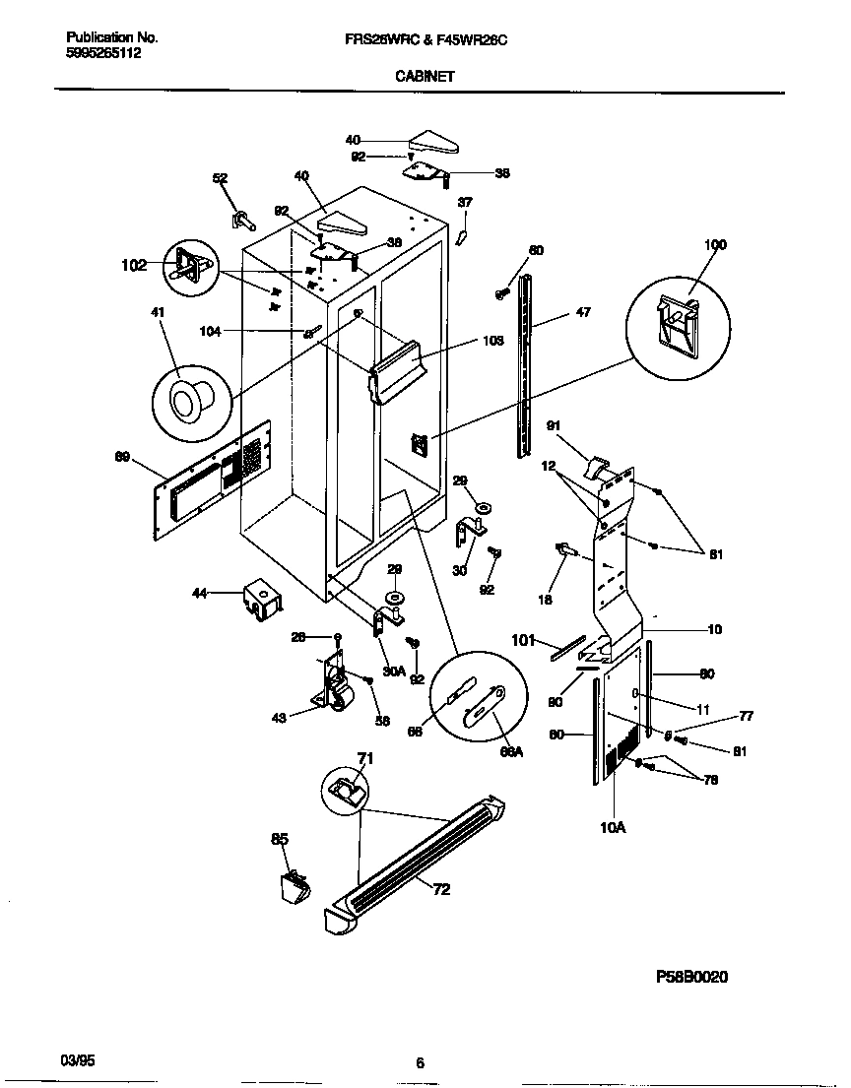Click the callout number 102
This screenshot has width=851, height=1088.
coord(134,265)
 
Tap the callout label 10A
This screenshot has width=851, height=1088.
coord(613,828)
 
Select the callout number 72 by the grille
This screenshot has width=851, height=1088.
coord(440,889)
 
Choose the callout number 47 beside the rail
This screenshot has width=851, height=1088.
coord(583,314)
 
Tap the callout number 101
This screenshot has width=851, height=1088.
coord(524,641)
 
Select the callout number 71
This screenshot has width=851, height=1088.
coord(364,756)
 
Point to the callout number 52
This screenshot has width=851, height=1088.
coord(220,178)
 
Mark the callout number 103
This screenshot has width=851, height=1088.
coord(493,341)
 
